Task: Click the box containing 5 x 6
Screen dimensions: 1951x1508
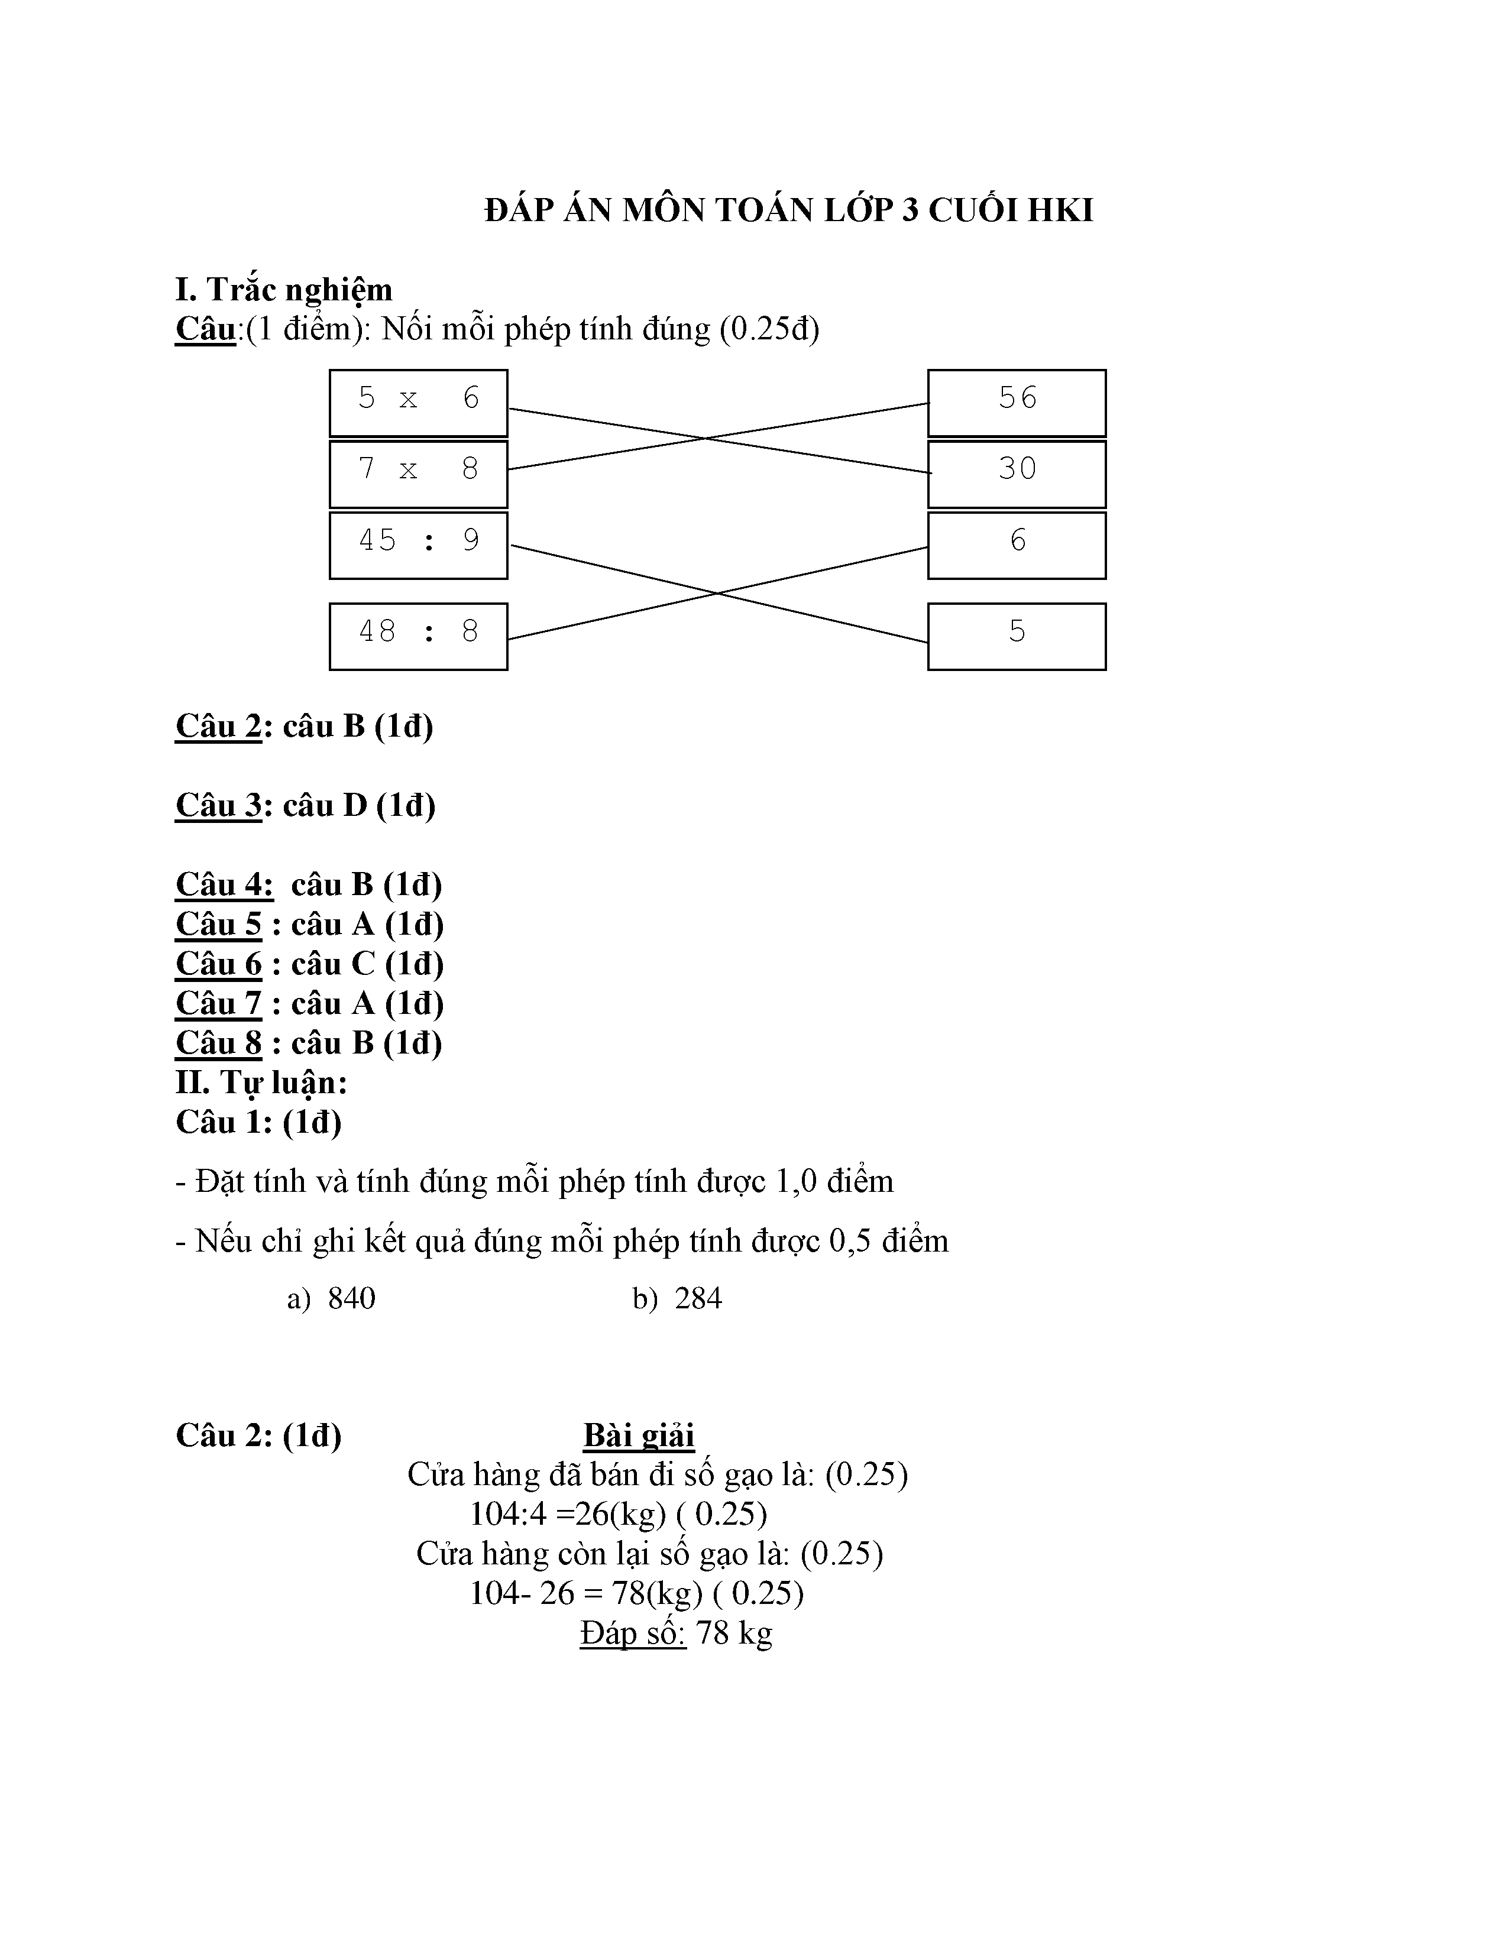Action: [418, 403]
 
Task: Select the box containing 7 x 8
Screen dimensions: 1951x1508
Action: [418, 474]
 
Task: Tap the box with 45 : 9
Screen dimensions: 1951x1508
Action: [418, 545]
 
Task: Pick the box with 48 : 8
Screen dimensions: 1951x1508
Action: [418, 636]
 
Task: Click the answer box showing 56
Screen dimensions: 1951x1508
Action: [1017, 403]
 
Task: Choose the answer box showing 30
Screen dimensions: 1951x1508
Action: [1017, 474]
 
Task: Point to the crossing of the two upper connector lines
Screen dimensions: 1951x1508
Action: [706, 439]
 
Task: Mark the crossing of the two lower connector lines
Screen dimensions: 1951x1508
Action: [717, 593]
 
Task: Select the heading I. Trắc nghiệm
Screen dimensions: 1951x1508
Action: [283, 290]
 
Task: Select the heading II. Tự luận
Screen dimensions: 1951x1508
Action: [261, 1083]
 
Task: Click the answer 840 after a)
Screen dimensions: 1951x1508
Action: [351, 1298]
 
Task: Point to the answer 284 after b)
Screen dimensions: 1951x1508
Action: [698, 1298]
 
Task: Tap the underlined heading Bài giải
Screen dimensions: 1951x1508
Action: [639, 1435]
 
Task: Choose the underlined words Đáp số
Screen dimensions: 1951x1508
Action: [633, 1633]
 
